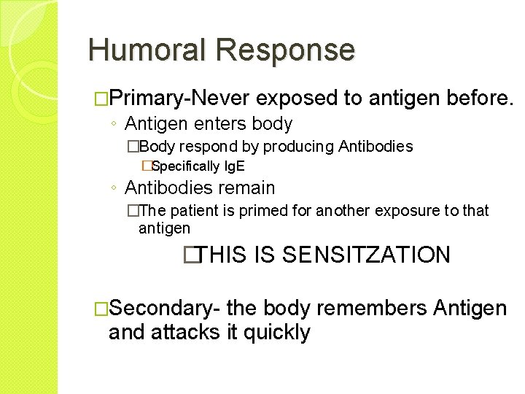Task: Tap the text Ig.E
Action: point(234,166)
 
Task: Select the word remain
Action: point(246,188)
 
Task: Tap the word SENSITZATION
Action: point(366,255)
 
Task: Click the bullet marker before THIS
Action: point(191,255)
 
